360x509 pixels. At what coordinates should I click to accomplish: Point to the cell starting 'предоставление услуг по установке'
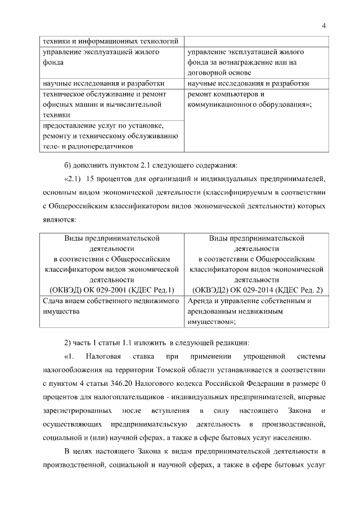click(x=111, y=136)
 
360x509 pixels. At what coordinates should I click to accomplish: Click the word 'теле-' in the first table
click(x=53, y=147)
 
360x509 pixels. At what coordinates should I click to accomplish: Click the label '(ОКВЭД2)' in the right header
click(x=210, y=290)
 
